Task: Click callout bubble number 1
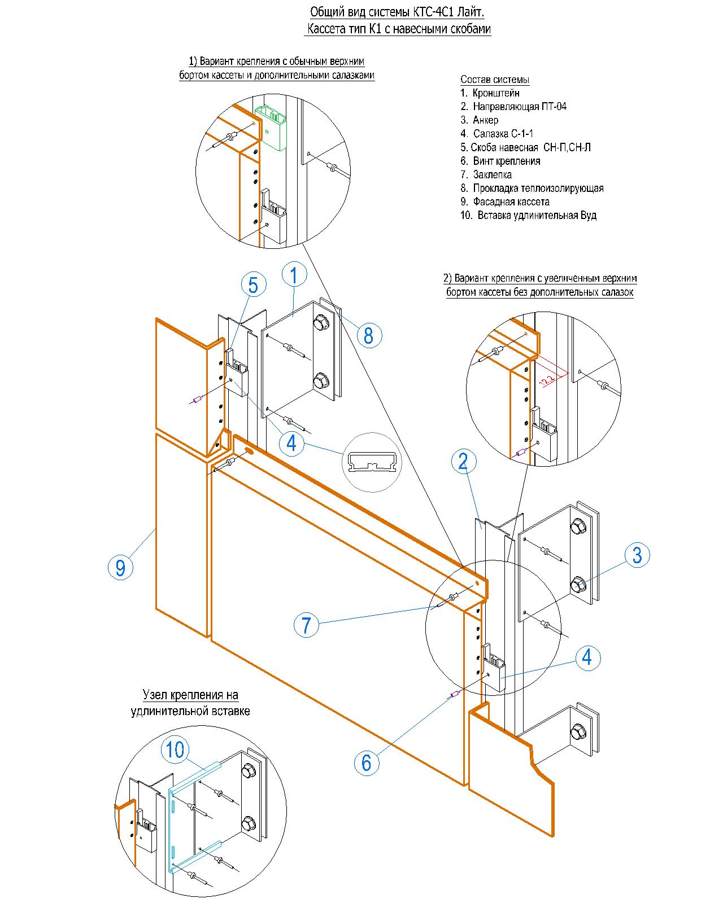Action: click(294, 274)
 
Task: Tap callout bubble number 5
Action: click(253, 284)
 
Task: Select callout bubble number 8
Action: click(369, 335)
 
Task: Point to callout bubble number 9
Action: click(120, 567)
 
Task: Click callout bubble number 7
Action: click(306, 625)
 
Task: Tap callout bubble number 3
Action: click(637, 555)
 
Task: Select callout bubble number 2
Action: click(464, 461)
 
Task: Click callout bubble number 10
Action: click(175, 749)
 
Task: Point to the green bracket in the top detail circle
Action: click(271, 127)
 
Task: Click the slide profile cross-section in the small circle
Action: click(372, 462)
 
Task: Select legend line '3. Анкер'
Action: click(480, 120)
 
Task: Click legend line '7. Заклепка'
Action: click(486, 174)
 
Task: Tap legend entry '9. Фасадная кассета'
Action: click(505, 202)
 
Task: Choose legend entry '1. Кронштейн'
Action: click(490, 93)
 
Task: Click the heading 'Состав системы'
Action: click(495, 80)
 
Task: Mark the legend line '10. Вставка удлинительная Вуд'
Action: click(529, 215)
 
